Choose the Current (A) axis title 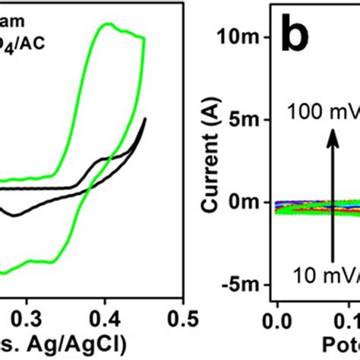coord(211,160)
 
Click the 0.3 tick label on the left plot coord(27,314)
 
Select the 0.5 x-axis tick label coord(182,314)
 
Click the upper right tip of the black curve coord(144,118)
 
